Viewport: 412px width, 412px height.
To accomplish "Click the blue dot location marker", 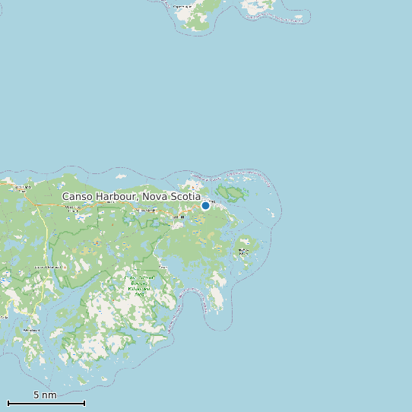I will click(x=205, y=205).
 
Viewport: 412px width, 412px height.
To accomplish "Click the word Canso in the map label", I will click(x=78, y=196).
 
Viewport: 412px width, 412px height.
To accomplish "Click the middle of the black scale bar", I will click(x=46, y=403).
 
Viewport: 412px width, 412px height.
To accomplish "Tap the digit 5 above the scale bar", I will click(x=36, y=395).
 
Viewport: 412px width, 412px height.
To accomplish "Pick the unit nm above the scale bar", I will click(x=49, y=395).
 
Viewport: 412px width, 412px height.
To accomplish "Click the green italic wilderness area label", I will click(x=139, y=285).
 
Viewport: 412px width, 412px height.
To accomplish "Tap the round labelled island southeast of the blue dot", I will click(x=244, y=249).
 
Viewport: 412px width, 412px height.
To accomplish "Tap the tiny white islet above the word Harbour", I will click(x=121, y=176).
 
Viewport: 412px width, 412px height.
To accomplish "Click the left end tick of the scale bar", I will click(x=8, y=403).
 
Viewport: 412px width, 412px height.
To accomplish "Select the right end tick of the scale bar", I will click(x=84, y=403).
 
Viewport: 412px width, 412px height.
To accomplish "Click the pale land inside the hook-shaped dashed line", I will click(x=217, y=296).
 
